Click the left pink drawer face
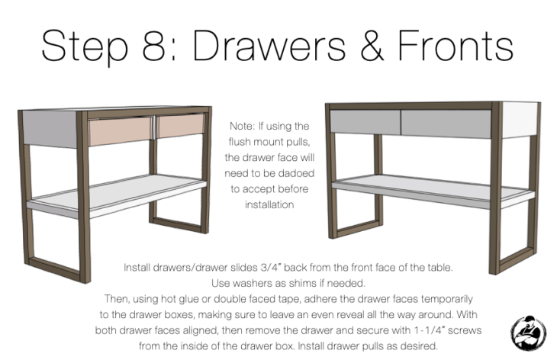pyautogui.click(x=121, y=132)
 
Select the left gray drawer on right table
pyautogui.click(x=365, y=120)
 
